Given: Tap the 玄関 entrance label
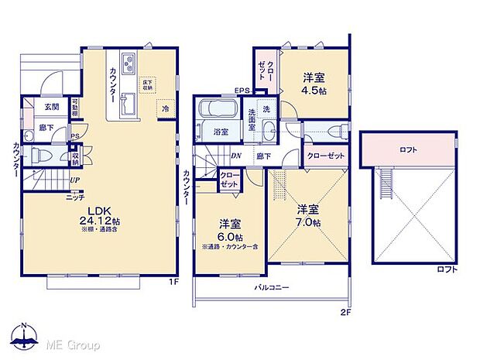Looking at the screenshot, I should (51, 106).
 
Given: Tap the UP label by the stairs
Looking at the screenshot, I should (74, 180).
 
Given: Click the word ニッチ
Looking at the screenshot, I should (75, 197).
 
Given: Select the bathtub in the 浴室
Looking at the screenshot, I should (221, 115).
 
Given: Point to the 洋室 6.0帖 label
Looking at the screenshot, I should (230, 230).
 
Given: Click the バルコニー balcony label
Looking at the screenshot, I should (272, 287).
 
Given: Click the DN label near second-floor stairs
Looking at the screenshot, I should (236, 155).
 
